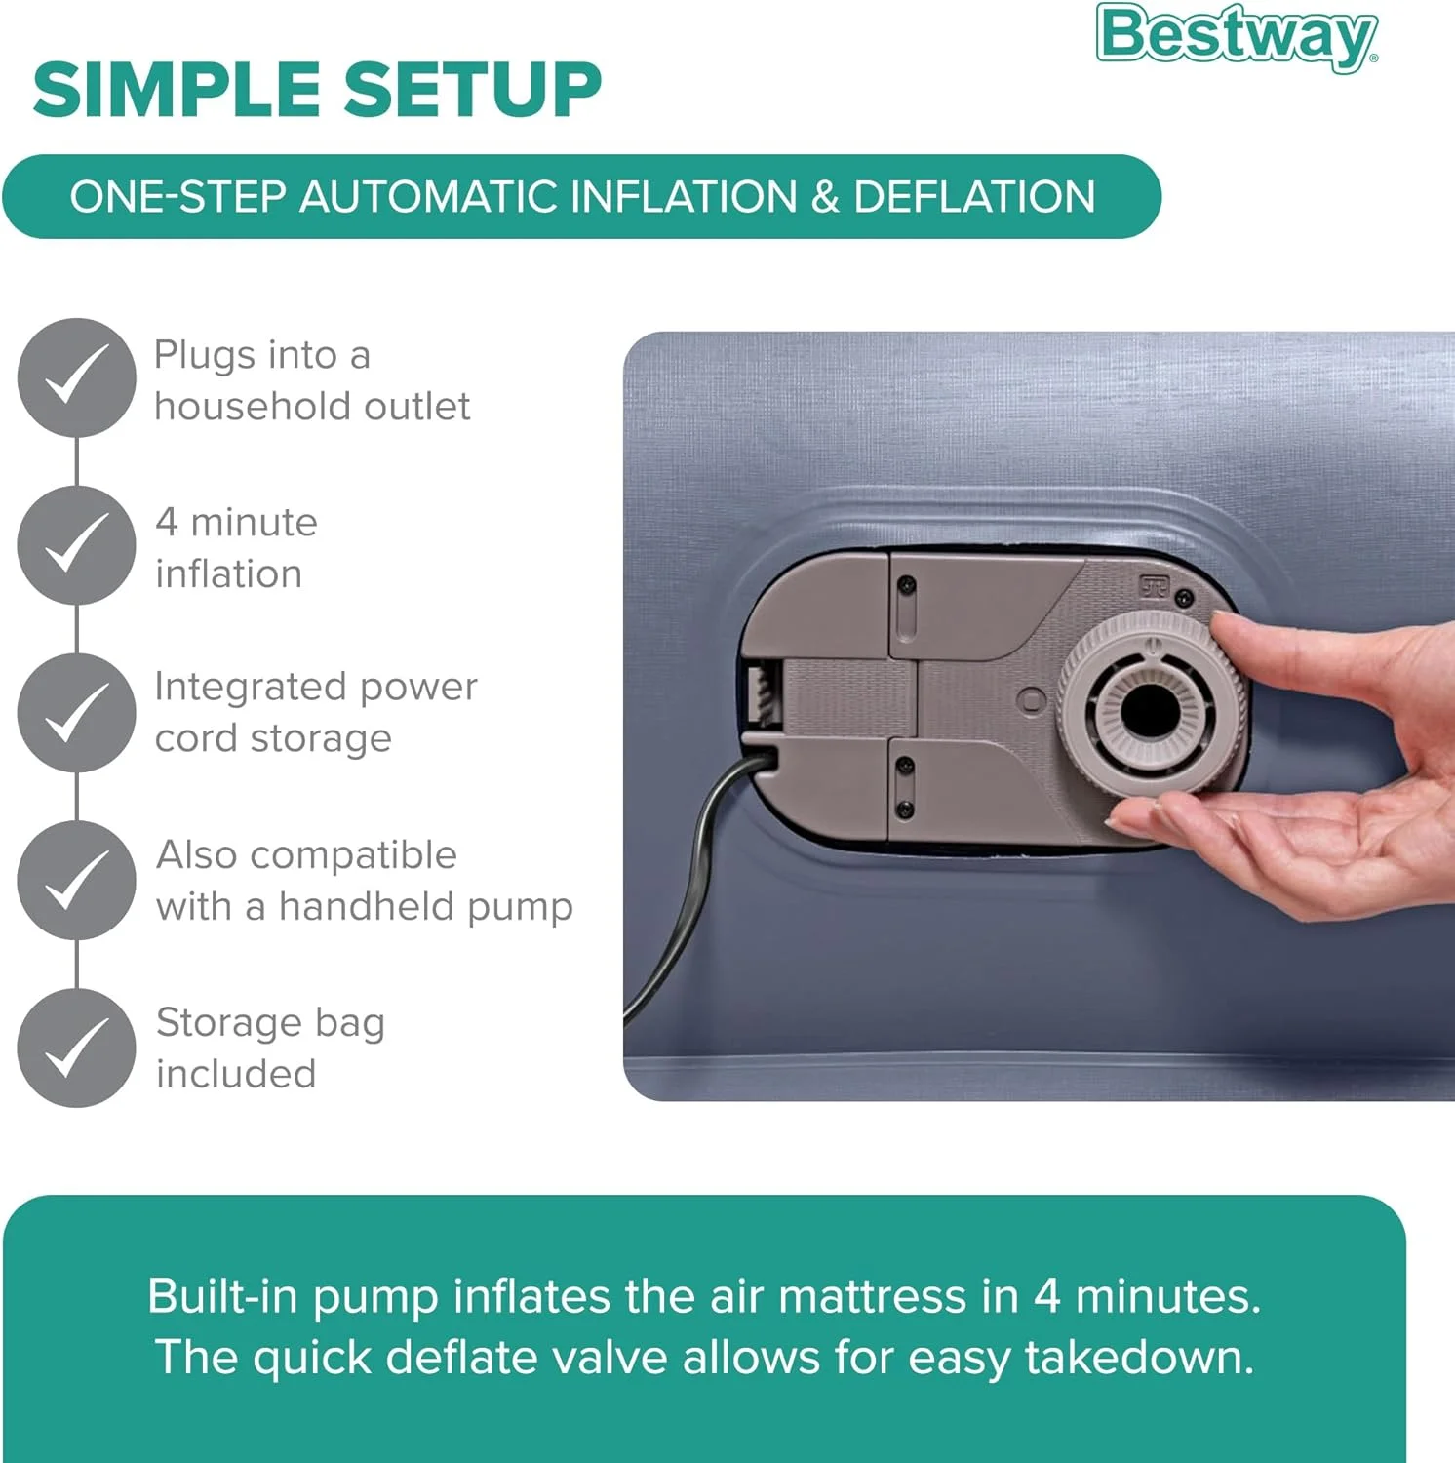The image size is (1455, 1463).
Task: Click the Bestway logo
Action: coord(1238,36)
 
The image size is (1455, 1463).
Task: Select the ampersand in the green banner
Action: coord(824,196)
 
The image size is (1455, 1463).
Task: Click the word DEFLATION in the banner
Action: coord(974,196)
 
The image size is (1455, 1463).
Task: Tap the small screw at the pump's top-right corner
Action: coord(1185,597)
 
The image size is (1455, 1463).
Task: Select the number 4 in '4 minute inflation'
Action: coord(167,522)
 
